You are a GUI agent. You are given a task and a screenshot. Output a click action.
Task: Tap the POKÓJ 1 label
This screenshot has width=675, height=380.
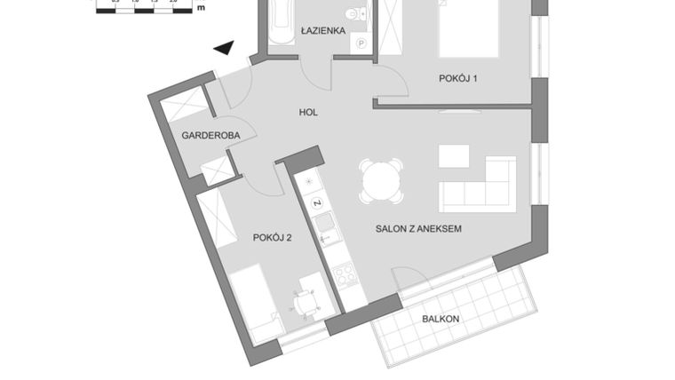click(x=458, y=79)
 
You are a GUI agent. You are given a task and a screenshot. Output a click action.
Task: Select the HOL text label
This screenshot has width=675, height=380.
click(x=307, y=113)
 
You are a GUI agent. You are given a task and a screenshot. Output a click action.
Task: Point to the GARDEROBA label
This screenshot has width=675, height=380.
click(x=206, y=136)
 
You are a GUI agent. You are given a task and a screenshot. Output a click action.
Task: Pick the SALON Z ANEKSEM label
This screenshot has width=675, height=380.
click(x=417, y=229)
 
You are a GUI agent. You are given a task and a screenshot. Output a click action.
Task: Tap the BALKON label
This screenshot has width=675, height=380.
click(x=441, y=318)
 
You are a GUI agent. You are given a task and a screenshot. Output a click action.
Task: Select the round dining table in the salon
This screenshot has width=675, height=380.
click(x=381, y=181)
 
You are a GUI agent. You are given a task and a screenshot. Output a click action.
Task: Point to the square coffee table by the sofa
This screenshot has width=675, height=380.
click(x=454, y=156)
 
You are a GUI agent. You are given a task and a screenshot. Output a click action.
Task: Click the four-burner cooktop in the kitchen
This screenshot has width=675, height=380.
click(x=344, y=273)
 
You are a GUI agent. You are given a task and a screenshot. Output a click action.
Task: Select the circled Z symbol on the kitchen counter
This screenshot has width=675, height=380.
click(x=316, y=203)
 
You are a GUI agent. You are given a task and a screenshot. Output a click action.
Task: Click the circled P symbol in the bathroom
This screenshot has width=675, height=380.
click(x=361, y=43)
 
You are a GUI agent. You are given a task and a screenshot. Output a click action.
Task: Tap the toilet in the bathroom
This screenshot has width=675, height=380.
click(x=356, y=15)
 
